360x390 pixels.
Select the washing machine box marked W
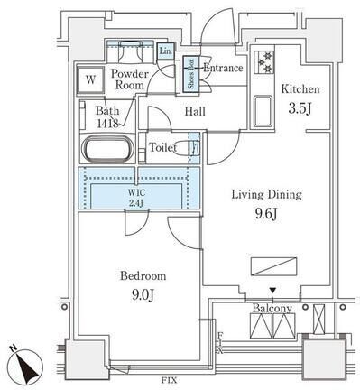pyautogui.click(x=90, y=79)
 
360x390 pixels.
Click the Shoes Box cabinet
pyautogui.click(x=191, y=74)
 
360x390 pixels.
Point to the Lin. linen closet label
pyautogui.click(x=166, y=51)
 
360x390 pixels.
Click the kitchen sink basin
pyautogui.click(x=263, y=111)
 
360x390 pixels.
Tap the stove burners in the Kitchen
pyautogui.click(x=264, y=62)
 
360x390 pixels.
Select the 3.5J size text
pyautogui.click(x=299, y=108)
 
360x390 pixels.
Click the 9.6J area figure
pyautogui.click(x=265, y=214)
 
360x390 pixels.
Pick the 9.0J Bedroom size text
pyautogui.click(x=143, y=295)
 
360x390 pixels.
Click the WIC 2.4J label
pyautogui.click(x=136, y=198)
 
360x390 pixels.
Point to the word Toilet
pyautogui.click(x=162, y=147)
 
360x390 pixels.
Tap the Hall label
pyautogui.click(x=195, y=112)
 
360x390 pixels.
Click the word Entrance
pyautogui.click(x=223, y=68)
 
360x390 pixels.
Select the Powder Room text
pyautogui.click(x=130, y=79)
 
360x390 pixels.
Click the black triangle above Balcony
pyautogui.click(x=272, y=291)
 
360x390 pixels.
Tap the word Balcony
pyautogui.click(x=272, y=308)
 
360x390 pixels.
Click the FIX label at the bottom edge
pyautogui.click(x=170, y=380)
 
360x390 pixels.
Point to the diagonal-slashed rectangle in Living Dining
pyautogui.click(x=273, y=266)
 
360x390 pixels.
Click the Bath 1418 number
pyautogui.click(x=107, y=123)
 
